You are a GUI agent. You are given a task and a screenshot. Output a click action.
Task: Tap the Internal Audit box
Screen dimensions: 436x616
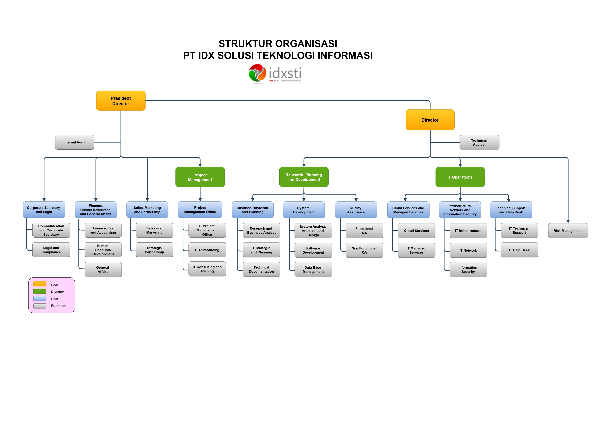pos(74,142)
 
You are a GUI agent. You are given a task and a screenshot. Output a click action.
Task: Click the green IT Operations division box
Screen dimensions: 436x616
pos(460,177)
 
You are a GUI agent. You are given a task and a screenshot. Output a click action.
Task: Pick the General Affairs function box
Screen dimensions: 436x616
pos(103,269)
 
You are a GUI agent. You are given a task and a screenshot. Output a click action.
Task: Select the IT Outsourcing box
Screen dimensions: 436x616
pos(207,250)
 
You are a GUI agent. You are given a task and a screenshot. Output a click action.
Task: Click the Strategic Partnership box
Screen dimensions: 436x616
pos(154,250)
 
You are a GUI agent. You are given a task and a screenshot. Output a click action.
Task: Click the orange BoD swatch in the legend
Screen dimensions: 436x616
pos(40,284)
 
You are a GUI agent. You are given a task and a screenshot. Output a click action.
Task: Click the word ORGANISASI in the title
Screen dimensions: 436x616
pos(306,44)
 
